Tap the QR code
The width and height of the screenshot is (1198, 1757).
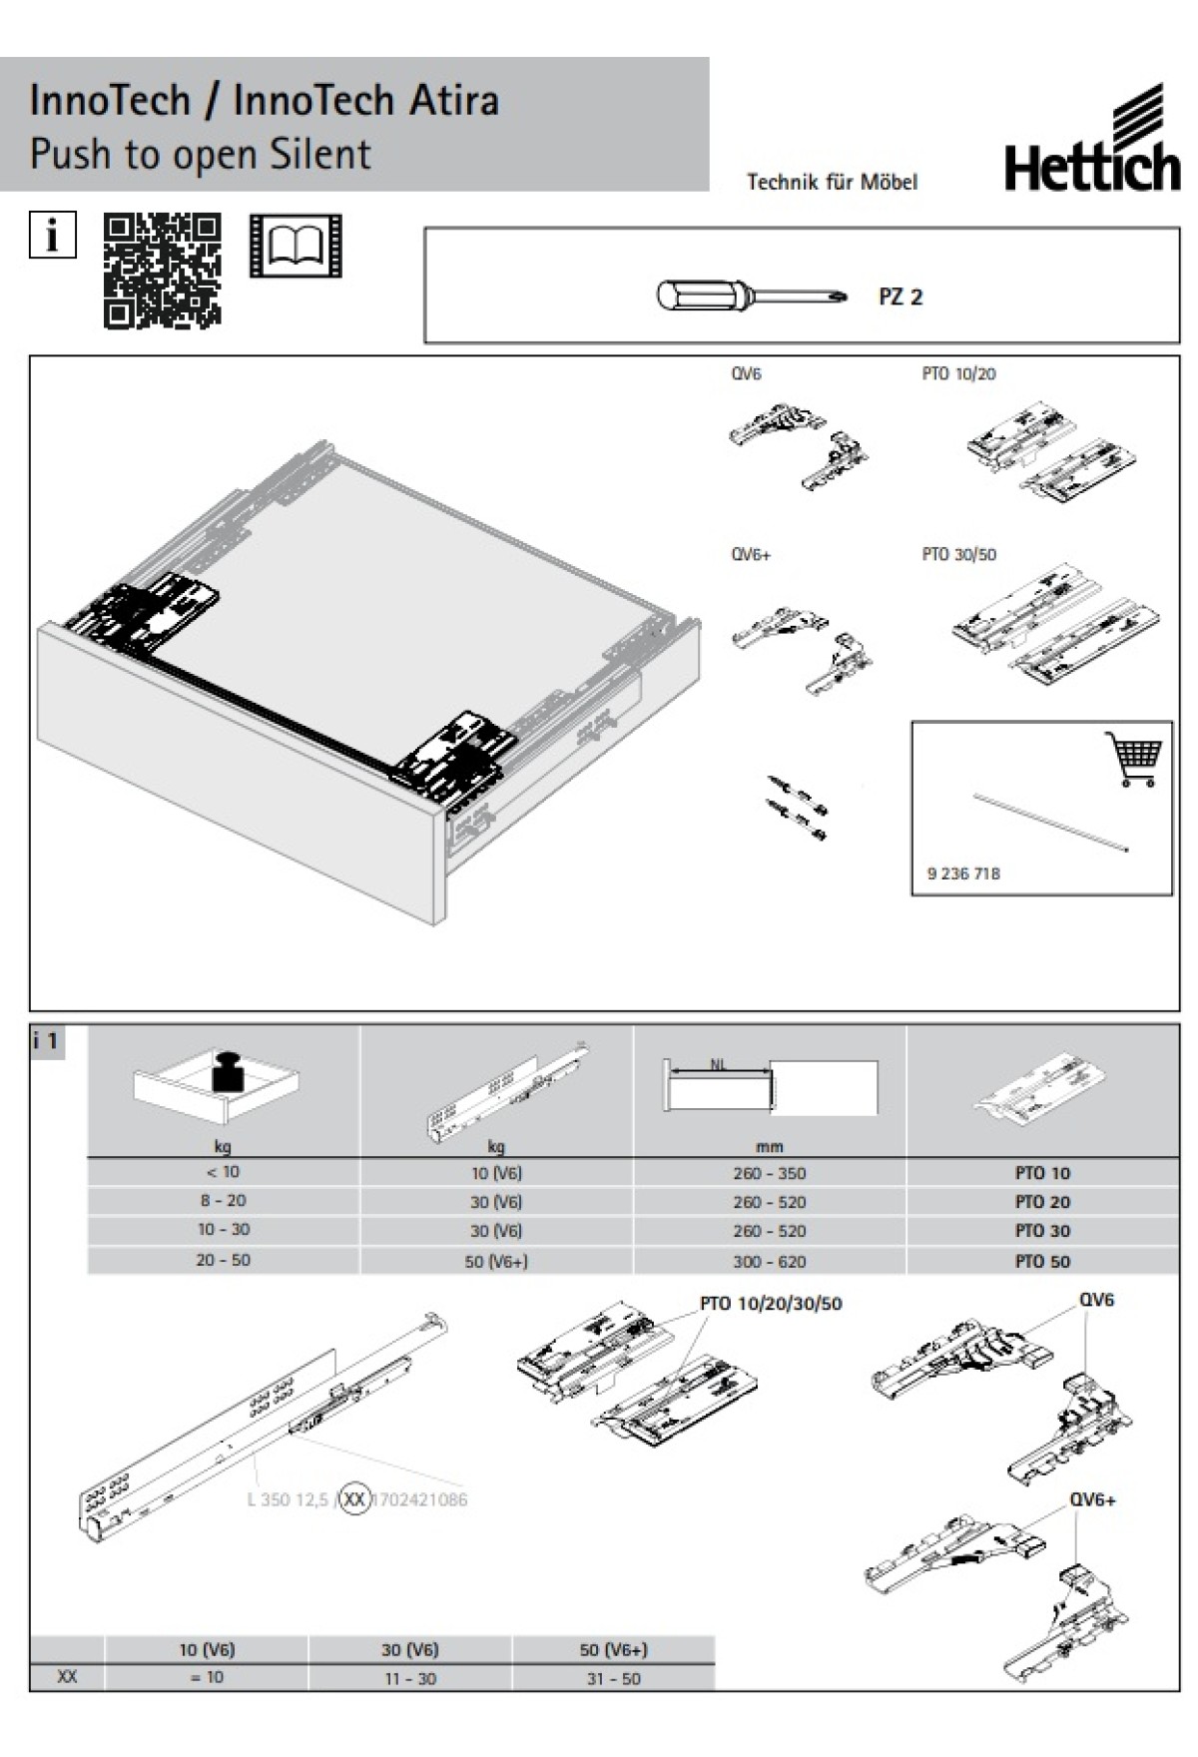pos(162,270)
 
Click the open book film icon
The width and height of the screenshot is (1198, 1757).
pos(295,246)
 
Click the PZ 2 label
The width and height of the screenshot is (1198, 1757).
pos(900,296)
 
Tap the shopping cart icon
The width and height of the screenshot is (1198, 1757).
pos(1134,760)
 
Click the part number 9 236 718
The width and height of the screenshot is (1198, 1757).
pos(963,874)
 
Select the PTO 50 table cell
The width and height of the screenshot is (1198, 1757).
pos(1042,1261)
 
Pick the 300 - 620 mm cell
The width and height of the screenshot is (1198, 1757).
pos(769,1261)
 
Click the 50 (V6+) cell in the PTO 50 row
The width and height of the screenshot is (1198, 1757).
pos(496,1261)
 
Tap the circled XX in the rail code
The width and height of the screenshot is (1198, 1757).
pos(354,1499)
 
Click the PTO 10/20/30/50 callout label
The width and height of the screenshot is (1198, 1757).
pos(771,1304)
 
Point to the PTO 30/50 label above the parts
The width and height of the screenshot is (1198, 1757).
pos(958,554)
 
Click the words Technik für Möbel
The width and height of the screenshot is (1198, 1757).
pos(832,182)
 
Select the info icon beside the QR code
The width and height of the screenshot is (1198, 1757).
pos(52,236)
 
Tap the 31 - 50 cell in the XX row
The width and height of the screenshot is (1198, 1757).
pos(612,1678)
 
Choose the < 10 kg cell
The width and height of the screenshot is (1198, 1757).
pos(223,1172)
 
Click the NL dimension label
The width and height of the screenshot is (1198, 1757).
pos(719,1064)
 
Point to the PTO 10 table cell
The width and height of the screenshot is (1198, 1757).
pos(1042,1173)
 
